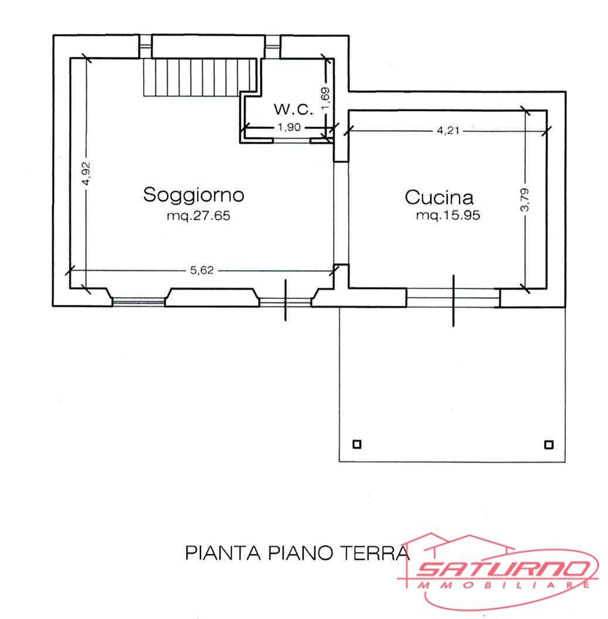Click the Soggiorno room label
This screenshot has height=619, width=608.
[x=193, y=195]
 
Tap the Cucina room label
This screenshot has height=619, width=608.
[x=439, y=198]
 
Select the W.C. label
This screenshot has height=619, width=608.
[x=294, y=109]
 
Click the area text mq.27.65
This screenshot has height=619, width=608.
[x=198, y=216]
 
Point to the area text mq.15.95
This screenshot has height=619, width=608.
[x=448, y=215]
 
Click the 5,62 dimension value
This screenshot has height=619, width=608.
[x=202, y=270]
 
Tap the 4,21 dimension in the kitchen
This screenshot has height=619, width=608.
[x=448, y=131]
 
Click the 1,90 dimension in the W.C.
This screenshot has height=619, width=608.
[x=289, y=127]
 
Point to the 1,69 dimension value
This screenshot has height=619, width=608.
[x=326, y=98]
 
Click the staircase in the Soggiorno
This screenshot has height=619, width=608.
[x=200, y=77]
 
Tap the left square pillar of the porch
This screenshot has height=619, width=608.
[x=356, y=444]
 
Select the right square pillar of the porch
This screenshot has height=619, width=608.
[x=548, y=445]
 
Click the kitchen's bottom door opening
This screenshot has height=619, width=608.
[x=453, y=298]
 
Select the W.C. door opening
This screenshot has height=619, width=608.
[x=291, y=140]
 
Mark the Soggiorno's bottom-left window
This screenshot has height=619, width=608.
[x=138, y=302]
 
